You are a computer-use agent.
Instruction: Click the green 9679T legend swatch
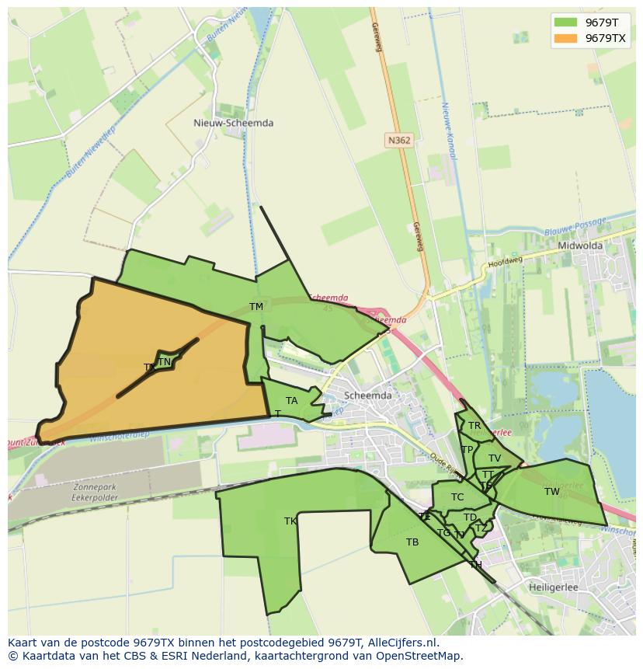point(565,23)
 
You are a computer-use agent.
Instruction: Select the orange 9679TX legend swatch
point(565,38)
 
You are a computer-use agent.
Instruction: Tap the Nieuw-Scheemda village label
point(233,123)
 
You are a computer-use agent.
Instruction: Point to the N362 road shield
point(398,141)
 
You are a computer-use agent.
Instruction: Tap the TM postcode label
point(256,307)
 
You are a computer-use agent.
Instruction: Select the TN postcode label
point(164,362)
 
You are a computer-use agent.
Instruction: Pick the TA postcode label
point(291,401)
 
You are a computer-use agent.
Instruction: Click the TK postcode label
point(290,521)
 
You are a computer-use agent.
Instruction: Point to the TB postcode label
point(412,542)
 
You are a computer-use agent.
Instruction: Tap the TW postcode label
point(551,492)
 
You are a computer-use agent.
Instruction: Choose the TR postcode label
point(474,426)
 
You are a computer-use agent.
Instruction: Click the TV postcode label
point(495,458)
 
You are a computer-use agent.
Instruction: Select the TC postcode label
point(457,497)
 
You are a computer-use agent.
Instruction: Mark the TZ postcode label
point(481,529)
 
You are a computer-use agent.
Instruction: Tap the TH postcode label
point(475,565)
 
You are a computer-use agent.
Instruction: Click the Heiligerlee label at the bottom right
point(554,587)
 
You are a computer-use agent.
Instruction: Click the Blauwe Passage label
point(575,227)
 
